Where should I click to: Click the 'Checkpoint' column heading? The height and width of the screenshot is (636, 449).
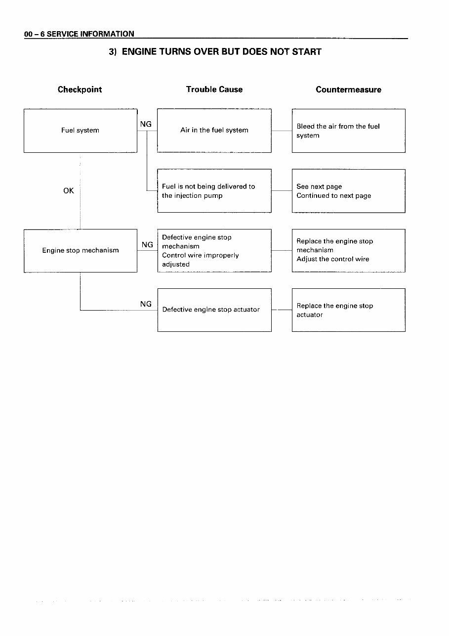coord(80,90)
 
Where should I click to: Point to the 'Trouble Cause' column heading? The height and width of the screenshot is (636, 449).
coord(214,90)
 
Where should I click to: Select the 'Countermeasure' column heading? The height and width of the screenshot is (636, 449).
coord(348,90)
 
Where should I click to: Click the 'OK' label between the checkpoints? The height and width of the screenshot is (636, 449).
coord(69,190)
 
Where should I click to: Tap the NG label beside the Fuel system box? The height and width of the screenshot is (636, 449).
coord(146,124)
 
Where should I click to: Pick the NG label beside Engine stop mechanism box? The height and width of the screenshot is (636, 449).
coord(147,244)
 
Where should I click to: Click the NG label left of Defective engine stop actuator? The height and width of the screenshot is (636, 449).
coord(146,304)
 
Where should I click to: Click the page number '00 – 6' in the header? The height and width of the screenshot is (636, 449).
coord(34,34)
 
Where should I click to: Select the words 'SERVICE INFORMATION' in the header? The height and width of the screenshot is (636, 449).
coord(90,34)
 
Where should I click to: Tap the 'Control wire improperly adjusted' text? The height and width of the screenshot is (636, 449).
coord(200,260)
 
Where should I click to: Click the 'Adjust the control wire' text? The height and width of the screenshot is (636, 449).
coord(333,259)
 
